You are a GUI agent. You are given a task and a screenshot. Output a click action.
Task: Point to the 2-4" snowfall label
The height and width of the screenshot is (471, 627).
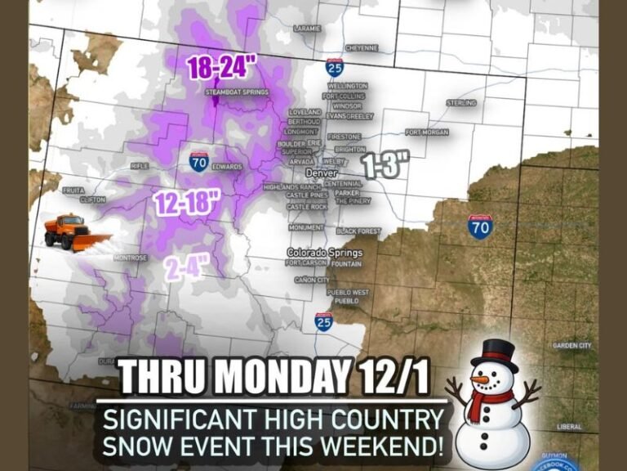(x=186, y=267)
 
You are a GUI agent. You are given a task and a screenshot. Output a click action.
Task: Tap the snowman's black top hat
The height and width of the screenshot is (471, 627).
(x=494, y=356)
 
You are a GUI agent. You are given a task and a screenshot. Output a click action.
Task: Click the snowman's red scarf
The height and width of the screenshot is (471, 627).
(x=488, y=400)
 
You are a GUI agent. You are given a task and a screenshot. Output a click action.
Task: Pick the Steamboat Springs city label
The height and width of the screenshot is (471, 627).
(x=237, y=92)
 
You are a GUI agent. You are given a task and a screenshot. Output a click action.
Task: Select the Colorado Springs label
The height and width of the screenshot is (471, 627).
(x=324, y=253)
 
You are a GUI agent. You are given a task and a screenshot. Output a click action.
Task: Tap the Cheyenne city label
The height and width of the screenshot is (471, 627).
(x=361, y=48)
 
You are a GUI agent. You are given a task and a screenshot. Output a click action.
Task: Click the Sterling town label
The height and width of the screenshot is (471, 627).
(x=461, y=103)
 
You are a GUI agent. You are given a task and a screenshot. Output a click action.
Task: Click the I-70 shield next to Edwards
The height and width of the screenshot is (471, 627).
(x=198, y=160)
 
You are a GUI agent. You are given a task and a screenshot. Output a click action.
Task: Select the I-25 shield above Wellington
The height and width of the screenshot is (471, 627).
(x=334, y=67)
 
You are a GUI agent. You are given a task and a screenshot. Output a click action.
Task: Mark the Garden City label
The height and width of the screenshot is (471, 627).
(x=571, y=346)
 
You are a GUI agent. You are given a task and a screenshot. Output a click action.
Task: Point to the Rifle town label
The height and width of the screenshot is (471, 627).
(x=139, y=166)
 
